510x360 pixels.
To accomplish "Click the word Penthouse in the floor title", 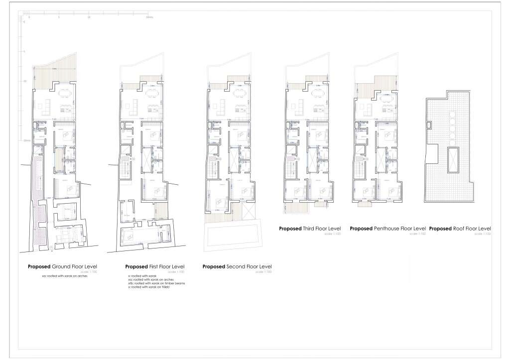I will point(387,229).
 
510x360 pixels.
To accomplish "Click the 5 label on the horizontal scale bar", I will point(59,17).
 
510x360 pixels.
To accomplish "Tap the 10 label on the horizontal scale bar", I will point(89,17).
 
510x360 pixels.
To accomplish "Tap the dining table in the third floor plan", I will point(317,94).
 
